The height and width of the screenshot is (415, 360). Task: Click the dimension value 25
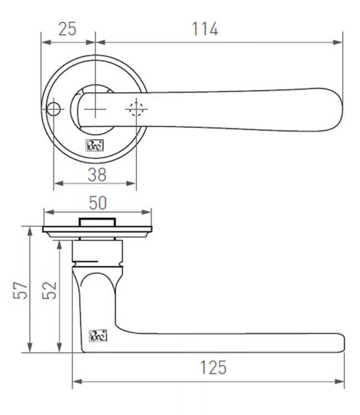tap(67, 29)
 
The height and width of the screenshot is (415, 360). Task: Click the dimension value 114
tap(205, 29)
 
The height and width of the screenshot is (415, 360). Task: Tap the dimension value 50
tap(98, 203)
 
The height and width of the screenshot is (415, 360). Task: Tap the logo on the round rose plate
tap(92, 146)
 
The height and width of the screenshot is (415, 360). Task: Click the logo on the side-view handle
tap(98, 336)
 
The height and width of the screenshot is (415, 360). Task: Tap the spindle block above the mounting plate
tap(97, 222)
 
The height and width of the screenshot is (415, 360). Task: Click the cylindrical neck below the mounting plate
tap(97, 253)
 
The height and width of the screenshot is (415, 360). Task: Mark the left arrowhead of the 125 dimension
tap(76, 381)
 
